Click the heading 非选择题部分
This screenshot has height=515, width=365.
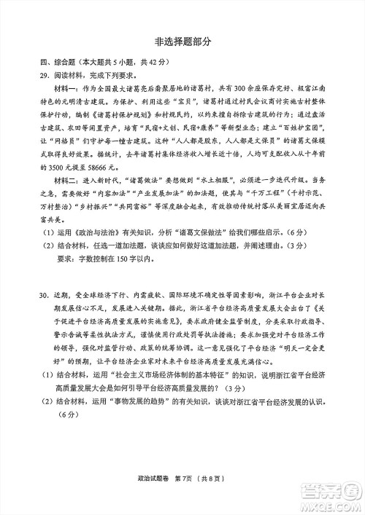(x=182, y=42)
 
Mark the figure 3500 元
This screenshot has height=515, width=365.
(x=55, y=186)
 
